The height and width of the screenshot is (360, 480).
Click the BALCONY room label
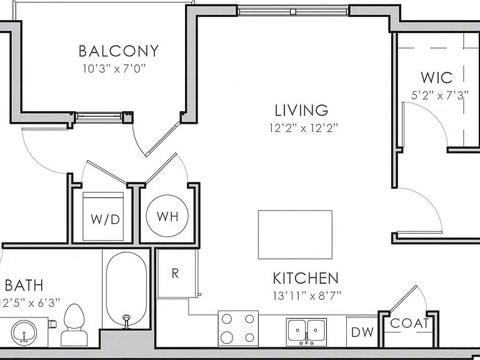click(119, 51)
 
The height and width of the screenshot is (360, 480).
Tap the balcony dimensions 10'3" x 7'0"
click(114, 69)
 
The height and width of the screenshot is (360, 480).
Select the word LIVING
click(301, 111)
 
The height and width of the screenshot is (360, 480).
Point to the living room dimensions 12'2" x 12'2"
click(303, 127)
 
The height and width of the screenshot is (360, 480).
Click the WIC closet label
click(436, 77)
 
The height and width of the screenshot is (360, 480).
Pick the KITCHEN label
click(306, 278)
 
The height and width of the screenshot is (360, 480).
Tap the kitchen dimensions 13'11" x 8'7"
click(307, 296)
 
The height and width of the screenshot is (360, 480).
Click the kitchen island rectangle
click(295, 234)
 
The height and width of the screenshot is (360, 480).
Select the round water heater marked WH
click(167, 216)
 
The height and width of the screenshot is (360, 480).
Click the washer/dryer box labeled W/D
click(103, 216)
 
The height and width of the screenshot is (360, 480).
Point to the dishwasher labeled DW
click(362, 331)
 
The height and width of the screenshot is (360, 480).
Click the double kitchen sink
click(306, 332)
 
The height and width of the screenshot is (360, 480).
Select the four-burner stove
click(238, 329)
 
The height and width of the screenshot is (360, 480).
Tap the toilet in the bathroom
click(74, 325)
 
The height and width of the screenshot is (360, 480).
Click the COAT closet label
click(409, 323)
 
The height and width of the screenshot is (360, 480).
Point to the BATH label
click(24, 285)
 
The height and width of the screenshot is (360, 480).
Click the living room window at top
click(293, 12)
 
